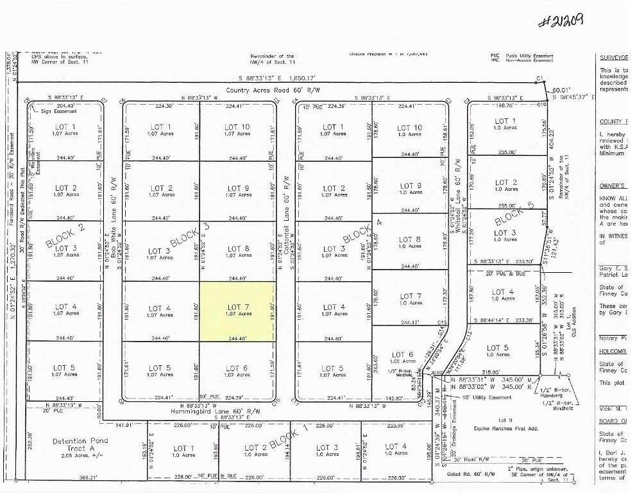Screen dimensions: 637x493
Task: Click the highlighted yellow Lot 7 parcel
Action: [x=238, y=311]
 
